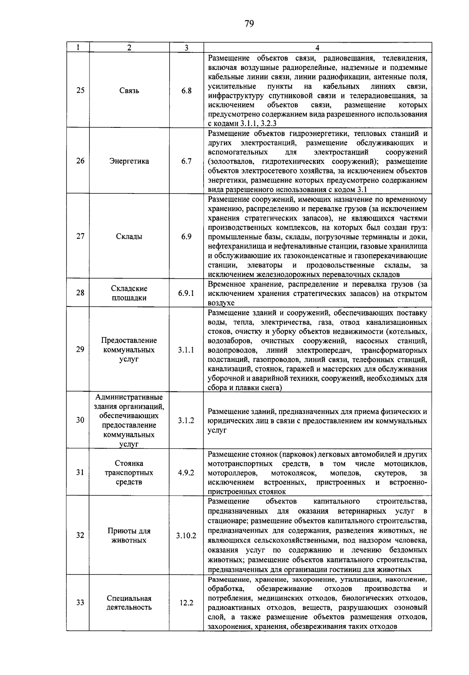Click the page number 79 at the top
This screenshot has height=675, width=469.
[249, 24]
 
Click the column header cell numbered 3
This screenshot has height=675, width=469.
[186, 48]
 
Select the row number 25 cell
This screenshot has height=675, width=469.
[80, 91]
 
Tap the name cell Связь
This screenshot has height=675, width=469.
[129, 91]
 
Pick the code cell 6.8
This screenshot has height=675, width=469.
[186, 91]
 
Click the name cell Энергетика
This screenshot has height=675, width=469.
[129, 161]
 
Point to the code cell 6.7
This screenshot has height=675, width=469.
[186, 161]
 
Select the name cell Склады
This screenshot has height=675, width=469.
[129, 236]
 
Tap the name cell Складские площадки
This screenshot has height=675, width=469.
[129, 293]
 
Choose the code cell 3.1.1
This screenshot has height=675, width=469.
[186, 350]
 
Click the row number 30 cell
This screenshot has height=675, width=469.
[80, 420]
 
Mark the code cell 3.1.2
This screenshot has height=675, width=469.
[186, 420]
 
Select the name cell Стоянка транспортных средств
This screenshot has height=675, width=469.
[129, 473]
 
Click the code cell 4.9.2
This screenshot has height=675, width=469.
[186, 473]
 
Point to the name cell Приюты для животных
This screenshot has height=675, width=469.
[129, 535]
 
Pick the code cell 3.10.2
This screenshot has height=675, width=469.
[186, 535]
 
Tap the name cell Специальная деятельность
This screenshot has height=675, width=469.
[129, 603]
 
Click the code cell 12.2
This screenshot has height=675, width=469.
[186, 603]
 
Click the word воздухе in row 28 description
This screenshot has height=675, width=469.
[221, 303]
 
